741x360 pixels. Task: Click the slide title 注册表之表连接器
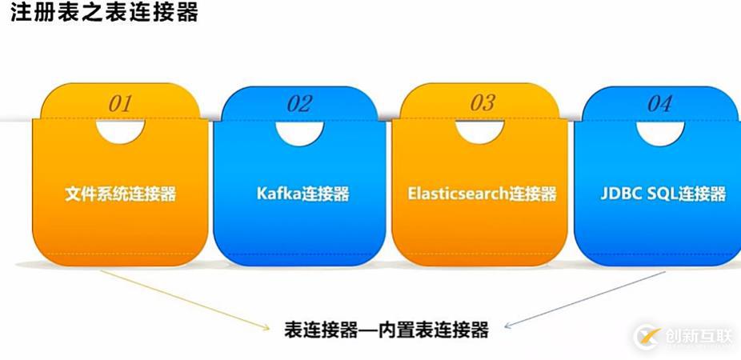104,12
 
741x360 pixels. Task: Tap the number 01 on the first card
119,103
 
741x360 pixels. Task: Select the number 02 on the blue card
299,103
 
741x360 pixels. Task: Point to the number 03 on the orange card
483,103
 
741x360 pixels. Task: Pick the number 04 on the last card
659,103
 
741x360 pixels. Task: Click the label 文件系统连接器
121,194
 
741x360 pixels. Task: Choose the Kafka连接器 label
303,194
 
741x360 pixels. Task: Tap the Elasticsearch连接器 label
482,194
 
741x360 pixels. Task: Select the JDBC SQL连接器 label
663,194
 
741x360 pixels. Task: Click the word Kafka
279,194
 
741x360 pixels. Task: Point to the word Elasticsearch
458,194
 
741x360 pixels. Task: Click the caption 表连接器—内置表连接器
386,330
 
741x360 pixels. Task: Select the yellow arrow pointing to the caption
185,299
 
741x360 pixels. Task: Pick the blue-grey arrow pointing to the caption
585,299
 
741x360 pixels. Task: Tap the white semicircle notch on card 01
120,131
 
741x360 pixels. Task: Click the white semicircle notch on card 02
299,132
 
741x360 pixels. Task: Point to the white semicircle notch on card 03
479,132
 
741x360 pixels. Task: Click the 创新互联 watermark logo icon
647,337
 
